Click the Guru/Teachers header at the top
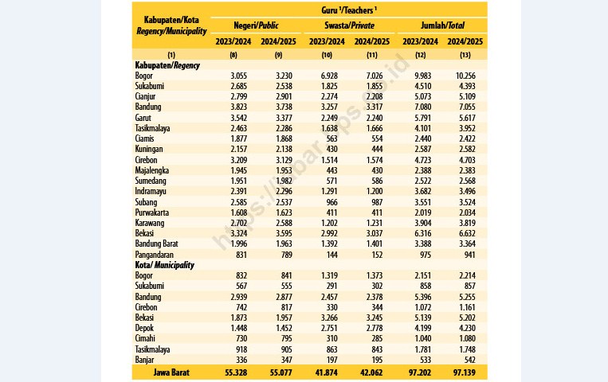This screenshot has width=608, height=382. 348,10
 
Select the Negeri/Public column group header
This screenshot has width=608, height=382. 256,25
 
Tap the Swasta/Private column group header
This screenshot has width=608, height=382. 349,25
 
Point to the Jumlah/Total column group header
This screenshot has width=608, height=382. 442,25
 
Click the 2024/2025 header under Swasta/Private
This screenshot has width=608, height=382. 372,41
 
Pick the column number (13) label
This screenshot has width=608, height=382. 465,55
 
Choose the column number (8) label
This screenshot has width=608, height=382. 233,55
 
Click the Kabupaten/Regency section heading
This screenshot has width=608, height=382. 167,65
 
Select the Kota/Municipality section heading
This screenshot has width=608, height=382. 164,265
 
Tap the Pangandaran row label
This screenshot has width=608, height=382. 155,255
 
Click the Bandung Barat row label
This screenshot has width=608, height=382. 156,244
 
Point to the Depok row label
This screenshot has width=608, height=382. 144,328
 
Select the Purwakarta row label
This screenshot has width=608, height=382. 151,212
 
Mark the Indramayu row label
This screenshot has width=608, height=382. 151,191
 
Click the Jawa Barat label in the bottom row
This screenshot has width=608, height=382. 171,372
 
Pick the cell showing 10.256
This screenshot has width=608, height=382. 465,76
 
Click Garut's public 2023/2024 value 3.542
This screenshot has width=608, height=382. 239,118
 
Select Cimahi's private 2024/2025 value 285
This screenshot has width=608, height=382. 376,338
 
